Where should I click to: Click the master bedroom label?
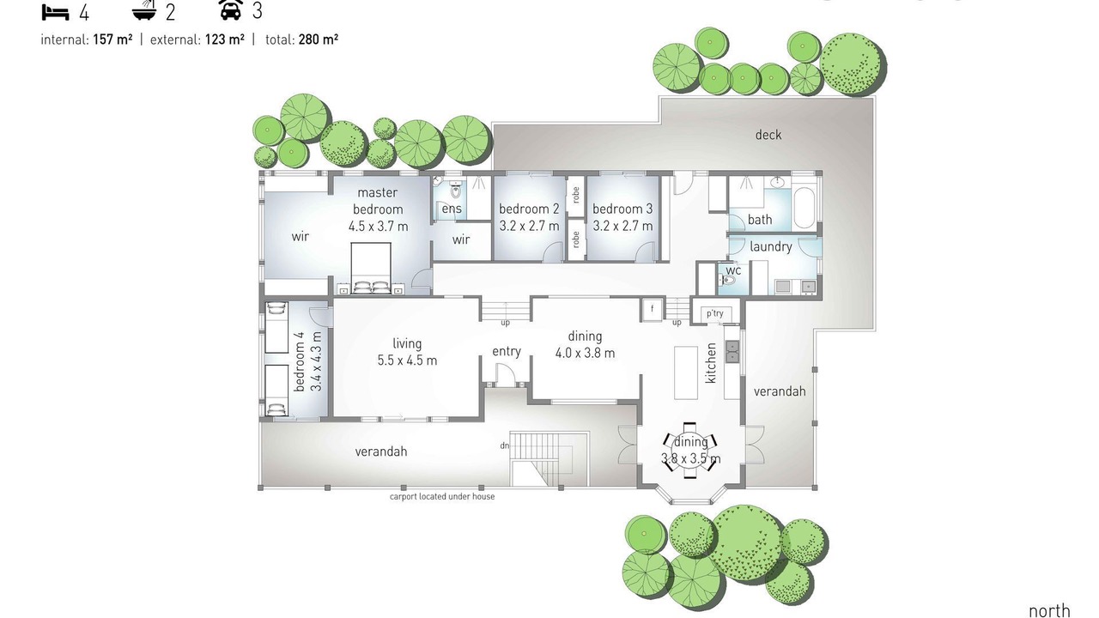[x=378, y=201]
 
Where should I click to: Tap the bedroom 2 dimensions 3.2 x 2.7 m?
[x=529, y=226]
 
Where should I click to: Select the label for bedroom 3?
[x=622, y=209]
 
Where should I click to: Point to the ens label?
[x=452, y=209]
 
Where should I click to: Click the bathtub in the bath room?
[x=805, y=208]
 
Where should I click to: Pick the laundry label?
[x=771, y=246]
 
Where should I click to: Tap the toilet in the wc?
[x=727, y=281]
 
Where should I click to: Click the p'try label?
[x=715, y=313]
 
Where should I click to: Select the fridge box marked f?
[x=652, y=309]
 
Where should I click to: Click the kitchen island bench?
[x=686, y=373]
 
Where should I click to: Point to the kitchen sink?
[x=732, y=351]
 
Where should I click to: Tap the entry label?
[x=507, y=351]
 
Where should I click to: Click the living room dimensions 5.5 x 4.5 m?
[x=407, y=360]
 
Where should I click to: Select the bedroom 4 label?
[x=300, y=361]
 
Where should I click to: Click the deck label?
[x=768, y=135]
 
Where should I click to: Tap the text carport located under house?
[x=442, y=496]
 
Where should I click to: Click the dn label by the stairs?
[x=504, y=445]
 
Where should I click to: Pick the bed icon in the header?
[x=55, y=12]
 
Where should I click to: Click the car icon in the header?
[x=231, y=9]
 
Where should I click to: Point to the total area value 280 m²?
[x=318, y=39]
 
